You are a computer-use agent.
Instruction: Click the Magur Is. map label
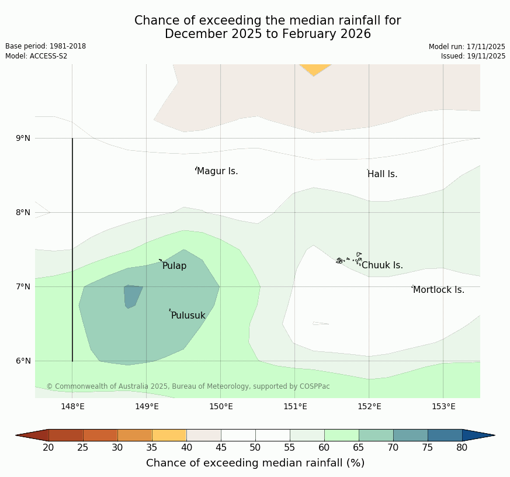217,171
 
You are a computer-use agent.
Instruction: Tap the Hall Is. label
382,174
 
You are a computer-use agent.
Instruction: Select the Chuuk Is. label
382,265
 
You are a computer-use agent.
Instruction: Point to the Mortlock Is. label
438,290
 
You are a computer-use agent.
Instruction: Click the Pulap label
174,266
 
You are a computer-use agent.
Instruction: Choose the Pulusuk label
188,316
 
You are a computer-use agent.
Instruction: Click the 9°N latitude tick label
23,139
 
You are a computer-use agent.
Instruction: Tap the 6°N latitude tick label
23,361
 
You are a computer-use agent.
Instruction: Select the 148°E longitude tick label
72,407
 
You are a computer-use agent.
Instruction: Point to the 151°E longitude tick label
295,407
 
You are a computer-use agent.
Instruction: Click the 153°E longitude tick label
443,407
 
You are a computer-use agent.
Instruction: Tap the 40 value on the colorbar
186,448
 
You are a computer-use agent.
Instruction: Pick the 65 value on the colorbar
359,448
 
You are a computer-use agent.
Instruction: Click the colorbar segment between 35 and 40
169,435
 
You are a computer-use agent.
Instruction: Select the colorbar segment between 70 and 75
410,435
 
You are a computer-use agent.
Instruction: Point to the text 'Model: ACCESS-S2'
36,56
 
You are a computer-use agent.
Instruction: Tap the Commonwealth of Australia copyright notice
188,386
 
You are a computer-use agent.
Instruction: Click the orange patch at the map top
315,69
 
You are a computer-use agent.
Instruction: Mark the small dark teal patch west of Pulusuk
132,296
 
